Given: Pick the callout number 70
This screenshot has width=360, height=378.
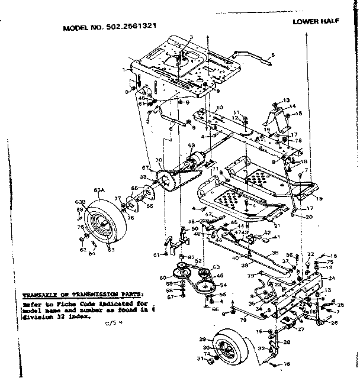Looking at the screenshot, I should pyautogui.click(x=158, y=160).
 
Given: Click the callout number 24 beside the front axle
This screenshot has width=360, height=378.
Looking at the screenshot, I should pyautogui.click(x=332, y=278).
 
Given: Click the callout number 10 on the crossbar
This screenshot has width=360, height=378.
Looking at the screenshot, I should pyautogui.click(x=219, y=108).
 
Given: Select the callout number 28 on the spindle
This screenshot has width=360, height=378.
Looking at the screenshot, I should pyautogui.click(x=287, y=343).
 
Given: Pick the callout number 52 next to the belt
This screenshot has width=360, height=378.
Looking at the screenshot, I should pyautogui.click(x=197, y=262).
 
